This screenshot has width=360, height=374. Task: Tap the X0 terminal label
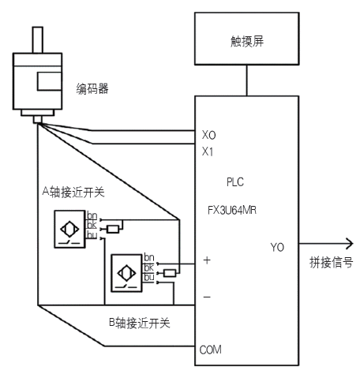click(x=208, y=135)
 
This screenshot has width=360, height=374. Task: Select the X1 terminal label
click(x=208, y=151)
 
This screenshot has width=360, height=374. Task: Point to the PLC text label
click(x=235, y=182)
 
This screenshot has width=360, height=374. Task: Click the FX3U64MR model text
click(x=232, y=210)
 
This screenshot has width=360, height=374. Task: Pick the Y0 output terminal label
click(x=277, y=247)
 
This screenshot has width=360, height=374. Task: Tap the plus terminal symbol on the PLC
click(x=207, y=260)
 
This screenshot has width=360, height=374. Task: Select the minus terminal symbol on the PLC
click(x=207, y=297)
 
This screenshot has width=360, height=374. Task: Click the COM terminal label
click(x=210, y=350)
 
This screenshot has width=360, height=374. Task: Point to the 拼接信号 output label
click(x=331, y=263)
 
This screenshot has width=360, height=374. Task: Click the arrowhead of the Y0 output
click(x=350, y=244)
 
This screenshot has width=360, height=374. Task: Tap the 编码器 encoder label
click(x=92, y=89)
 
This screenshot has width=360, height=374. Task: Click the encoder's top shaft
click(x=37, y=39)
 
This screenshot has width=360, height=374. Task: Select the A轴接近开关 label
click(x=73, y=192)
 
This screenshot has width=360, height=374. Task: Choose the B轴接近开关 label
click(x=140, y=323)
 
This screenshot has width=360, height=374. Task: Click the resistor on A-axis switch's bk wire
click(x=113, y=229)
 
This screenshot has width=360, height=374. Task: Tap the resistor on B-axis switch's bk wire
click(x=170, y=273)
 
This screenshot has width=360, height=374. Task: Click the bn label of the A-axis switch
click(x=92, y=215)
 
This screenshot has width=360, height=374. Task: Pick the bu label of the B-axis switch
click(x=149, y=277)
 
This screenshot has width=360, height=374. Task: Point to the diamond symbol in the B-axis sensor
click(x=126, y=273)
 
